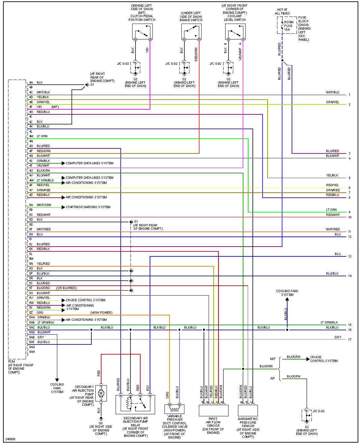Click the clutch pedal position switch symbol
click(142, 32)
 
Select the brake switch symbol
click(191, 32)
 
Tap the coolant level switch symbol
click(235, 32)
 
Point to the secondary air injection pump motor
click(101, 393)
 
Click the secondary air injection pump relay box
click(135, 404)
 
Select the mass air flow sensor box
click(213, 410)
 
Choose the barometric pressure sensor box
click(248, 410)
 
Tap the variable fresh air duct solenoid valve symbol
click(174, 409)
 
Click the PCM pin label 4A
click(31, 83)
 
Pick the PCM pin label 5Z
click(31, 313)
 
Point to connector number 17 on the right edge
click(350, 340)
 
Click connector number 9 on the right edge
click(350, 212)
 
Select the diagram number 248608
click(10, 439)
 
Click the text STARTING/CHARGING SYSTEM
click(88, 207)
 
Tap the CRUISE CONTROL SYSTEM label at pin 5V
click(86, 300)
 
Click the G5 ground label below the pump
click(101, 423)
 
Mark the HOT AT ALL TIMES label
click(282, 12)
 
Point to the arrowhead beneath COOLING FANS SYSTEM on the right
click(287, 299)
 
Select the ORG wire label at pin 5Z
click(40, 313)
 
